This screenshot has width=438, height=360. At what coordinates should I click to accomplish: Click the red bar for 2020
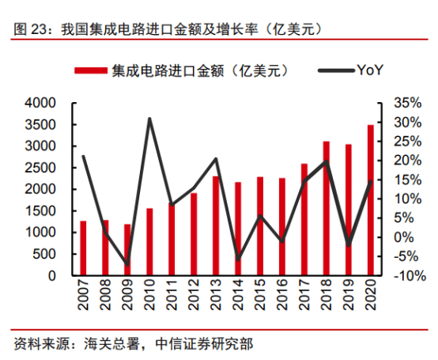(x=371, y=200)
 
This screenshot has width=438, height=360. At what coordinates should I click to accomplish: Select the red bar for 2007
(x=83, y=248)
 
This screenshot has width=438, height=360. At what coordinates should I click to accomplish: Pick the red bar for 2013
(x=216, y=226)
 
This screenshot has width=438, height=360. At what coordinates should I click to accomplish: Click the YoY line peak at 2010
(x=149, y=119)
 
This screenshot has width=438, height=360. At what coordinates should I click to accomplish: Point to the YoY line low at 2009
(x=127, y=264)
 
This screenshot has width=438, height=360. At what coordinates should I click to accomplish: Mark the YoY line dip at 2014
(x=238, y=258)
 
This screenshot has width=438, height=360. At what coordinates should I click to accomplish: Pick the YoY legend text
(x=370, y=70)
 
